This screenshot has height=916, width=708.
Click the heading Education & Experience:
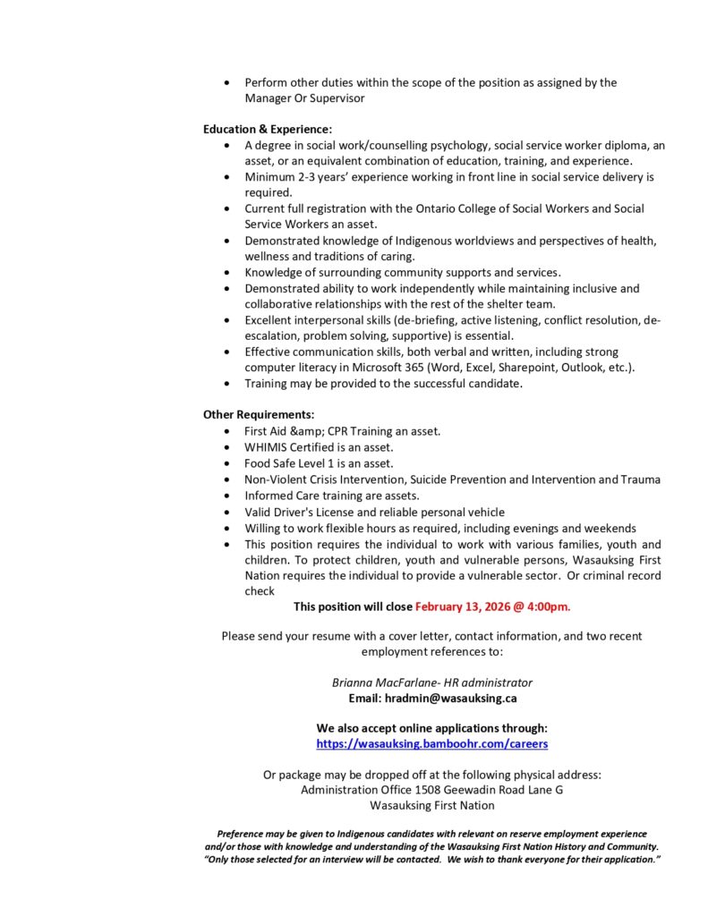(255, 129)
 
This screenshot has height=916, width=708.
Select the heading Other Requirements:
(259, 414)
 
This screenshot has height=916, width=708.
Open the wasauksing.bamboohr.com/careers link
(432, 743)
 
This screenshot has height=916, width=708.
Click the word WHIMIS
(266, 447)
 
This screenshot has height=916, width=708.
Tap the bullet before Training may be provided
(226, 384)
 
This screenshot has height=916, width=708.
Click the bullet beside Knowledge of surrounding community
(226, 273)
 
